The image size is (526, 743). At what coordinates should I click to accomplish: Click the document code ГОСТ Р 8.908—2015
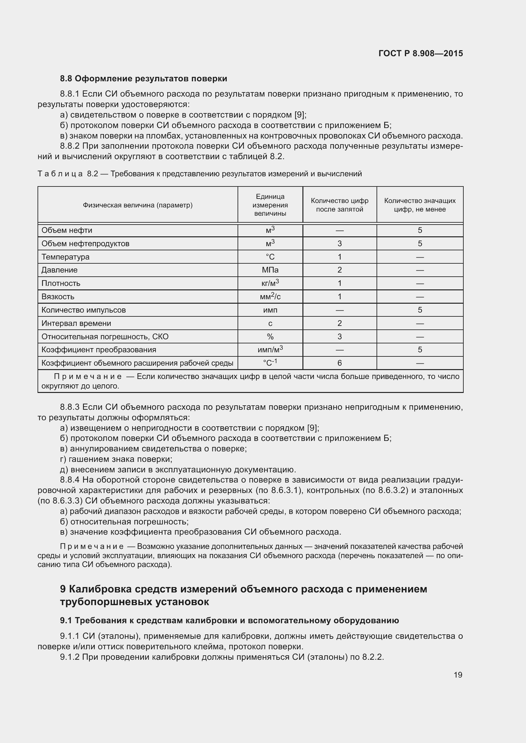click(420, 53)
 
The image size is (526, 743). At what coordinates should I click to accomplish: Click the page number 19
click(458, 675)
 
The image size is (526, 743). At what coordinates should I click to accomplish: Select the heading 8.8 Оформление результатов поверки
click(143, 79)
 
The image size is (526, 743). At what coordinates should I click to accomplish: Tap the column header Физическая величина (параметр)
click(138, 205)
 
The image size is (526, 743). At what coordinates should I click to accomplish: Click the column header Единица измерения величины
click(270, 205)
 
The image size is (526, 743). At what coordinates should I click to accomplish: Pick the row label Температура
click(66, 257)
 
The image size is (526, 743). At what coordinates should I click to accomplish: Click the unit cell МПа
click(270, 270)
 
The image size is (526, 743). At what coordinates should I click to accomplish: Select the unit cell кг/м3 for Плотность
click(270, 283)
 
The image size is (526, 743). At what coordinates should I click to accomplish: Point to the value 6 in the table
click(339, 363)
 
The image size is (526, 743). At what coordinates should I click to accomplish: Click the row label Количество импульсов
click(84, 310)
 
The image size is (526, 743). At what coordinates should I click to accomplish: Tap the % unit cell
click(270, 336)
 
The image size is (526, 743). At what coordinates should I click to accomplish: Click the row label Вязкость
click(58, 297)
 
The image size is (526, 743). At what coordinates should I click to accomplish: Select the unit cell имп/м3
click(270, 350)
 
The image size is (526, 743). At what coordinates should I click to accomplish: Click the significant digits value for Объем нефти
click(420, 230)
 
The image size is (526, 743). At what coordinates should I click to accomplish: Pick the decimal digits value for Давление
click(339, 270)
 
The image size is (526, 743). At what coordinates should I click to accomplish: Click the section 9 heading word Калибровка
click(100, 589)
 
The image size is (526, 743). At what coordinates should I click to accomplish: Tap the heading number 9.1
click(66, 620)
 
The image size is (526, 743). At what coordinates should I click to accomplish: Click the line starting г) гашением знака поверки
click(116, 459)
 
